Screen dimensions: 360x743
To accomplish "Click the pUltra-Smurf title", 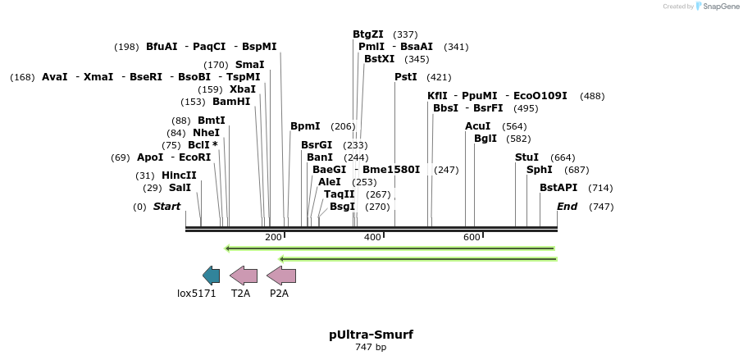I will pos(371,335).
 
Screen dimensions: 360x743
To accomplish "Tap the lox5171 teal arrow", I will pos(212,276).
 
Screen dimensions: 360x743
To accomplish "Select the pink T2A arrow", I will pos(244,276).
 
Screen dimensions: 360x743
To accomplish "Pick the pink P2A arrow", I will pos(281,276).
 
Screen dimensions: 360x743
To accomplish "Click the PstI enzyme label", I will pos(406,77).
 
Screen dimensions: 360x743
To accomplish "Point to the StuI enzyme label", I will pos(526,157).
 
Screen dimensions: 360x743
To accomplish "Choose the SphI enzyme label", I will pos(540,170).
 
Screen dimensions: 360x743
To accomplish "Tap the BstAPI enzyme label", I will pos(558,188).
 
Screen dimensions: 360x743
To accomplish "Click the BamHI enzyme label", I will pos(231,102).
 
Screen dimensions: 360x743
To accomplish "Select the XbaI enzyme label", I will pos(243,89).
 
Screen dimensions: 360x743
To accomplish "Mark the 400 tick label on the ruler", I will pos(372,237).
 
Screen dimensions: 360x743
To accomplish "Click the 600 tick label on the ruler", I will pos(472,237).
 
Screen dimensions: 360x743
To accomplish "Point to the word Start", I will pos(166,207).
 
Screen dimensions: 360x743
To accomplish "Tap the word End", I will pos(568,207).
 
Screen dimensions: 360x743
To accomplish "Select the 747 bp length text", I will pos(371,348).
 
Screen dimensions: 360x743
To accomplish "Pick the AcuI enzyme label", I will pos(477,126).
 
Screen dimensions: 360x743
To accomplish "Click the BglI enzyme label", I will pos(485,139).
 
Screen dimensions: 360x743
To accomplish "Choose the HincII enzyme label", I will pos(179,175).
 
